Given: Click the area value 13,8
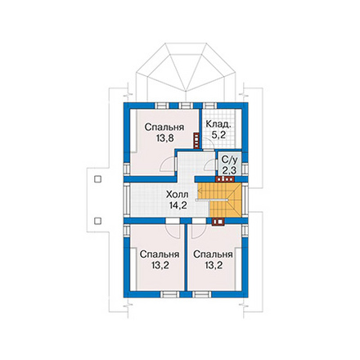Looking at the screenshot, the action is [165, 138].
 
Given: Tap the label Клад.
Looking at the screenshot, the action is [218, 124].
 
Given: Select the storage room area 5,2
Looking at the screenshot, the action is [218, 135].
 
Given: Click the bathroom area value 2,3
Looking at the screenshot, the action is [229, 170].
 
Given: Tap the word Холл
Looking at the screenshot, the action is [177, 195].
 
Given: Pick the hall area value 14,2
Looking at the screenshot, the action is [178, 205].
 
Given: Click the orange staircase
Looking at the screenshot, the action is [220, 200].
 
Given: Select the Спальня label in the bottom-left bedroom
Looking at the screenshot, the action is [160, 254].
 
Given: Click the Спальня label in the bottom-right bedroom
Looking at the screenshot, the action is [213, 254].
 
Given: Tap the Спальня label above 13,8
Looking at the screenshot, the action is [164, 127].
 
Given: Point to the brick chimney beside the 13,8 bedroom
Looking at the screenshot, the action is [196, 141].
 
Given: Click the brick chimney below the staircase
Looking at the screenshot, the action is [218, 222].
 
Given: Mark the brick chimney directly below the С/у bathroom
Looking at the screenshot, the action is [225, 179].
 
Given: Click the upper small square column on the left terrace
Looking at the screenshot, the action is [97, 179].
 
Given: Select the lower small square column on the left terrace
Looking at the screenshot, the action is [97, 221].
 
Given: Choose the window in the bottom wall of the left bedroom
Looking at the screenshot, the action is [169, 295].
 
